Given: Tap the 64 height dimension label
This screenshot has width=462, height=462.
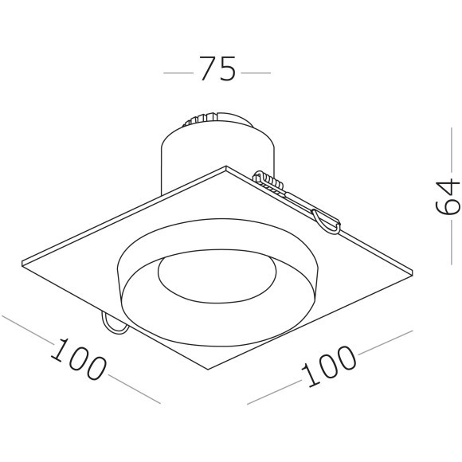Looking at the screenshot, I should [x=448, y=198].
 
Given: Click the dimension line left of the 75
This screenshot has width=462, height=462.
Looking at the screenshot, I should [x=178, y=72].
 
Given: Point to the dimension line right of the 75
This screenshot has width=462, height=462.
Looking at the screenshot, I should [x=255, y=72].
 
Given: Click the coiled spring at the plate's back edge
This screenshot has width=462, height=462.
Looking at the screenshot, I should [x=271, y=182].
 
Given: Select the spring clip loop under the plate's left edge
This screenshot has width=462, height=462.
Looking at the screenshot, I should [x=112, y=323].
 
